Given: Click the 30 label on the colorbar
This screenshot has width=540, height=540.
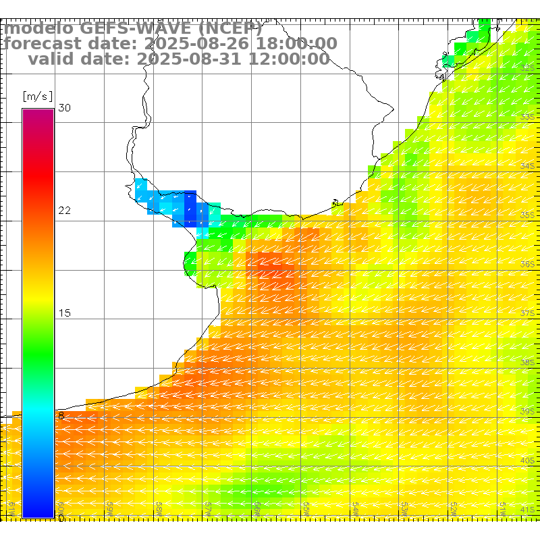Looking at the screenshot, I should [65, 108].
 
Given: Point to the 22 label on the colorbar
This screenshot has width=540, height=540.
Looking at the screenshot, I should [65, 211].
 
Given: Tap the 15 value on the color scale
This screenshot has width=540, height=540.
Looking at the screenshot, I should [65, 313].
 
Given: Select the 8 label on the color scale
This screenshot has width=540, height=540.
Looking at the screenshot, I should [61, 416].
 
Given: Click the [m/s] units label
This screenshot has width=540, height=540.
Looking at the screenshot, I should [38, 96].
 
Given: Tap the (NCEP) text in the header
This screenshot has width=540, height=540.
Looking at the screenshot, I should [229, 28].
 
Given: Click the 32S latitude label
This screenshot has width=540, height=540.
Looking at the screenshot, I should [527, 67].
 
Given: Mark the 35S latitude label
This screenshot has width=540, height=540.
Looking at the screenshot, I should [527, 215].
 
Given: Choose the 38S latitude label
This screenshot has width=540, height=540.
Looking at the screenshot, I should [527, 362].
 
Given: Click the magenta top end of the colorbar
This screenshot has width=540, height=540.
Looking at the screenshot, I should [38, 113].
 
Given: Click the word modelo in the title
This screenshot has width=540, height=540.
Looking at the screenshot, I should [38, 28].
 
